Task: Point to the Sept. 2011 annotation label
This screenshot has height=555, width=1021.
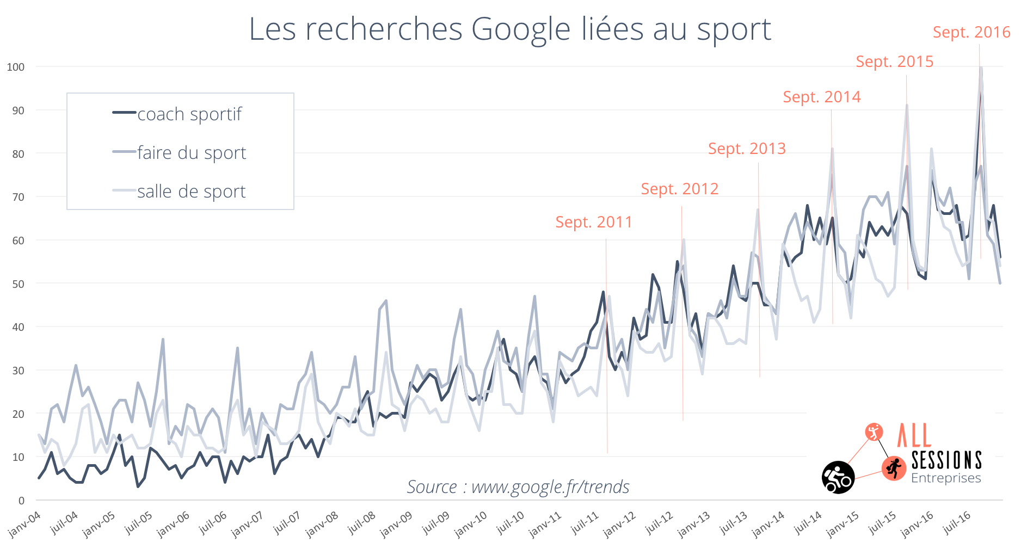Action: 593,222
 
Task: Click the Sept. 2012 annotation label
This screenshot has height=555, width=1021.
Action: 679,189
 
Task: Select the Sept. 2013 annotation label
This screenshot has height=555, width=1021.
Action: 747,149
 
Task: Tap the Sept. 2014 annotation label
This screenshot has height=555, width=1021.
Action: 822,97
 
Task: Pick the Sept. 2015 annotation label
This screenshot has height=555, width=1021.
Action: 894,61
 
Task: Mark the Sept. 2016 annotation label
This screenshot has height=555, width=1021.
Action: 971,32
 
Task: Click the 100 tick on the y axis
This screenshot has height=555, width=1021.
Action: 16,67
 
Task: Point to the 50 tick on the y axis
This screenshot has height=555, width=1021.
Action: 18,284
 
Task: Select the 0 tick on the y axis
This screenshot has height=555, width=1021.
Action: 21,501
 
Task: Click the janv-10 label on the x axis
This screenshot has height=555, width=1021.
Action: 471,525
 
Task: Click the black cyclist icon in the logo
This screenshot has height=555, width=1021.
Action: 838,477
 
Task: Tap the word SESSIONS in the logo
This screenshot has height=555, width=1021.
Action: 946,460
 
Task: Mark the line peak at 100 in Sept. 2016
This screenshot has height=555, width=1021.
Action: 981,67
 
